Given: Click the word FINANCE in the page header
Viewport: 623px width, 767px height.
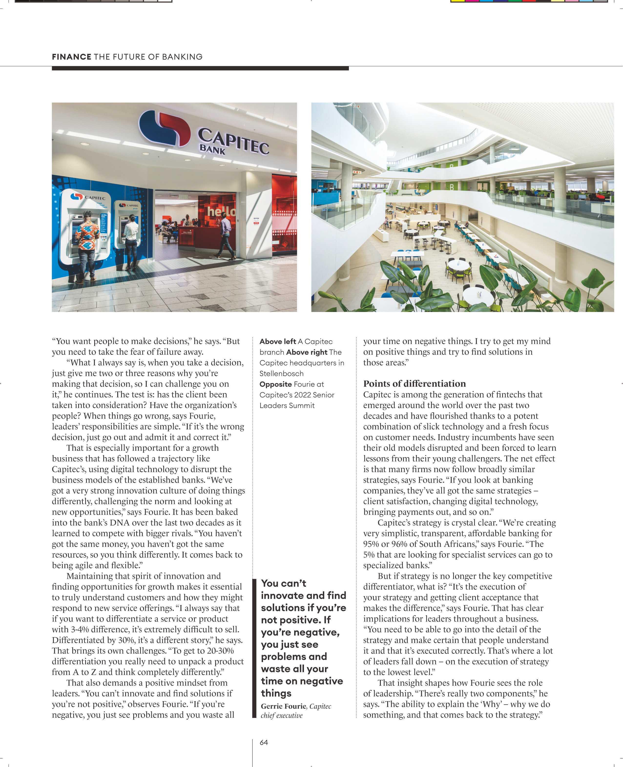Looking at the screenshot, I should click(72, 57).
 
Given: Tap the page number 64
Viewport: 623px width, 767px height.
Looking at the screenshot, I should click(264, 742).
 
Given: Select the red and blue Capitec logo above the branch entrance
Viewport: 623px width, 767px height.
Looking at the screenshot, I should click(164, 128).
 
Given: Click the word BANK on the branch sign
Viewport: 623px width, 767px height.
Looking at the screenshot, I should click(212, 149).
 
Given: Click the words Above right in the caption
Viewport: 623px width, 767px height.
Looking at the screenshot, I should click(306, 352).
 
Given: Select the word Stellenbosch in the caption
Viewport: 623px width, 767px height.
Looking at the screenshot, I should click(281, 373).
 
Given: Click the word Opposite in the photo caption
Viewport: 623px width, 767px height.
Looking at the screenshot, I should click(275, 384).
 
